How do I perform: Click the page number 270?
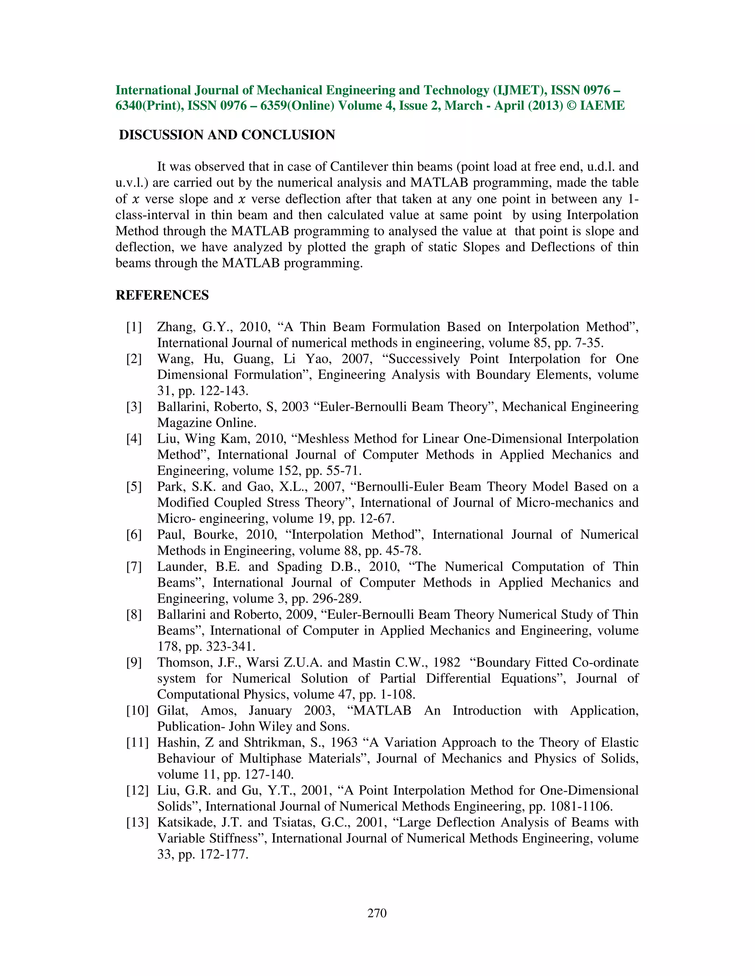click(377, 913)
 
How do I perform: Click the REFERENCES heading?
click(162, 295)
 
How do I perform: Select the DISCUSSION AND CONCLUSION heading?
click(227, 135)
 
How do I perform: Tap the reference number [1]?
click(134, 327)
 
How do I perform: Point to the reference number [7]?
click(134, 567)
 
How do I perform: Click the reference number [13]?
click(137, 822)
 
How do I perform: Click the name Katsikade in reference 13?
click(183, 822)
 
